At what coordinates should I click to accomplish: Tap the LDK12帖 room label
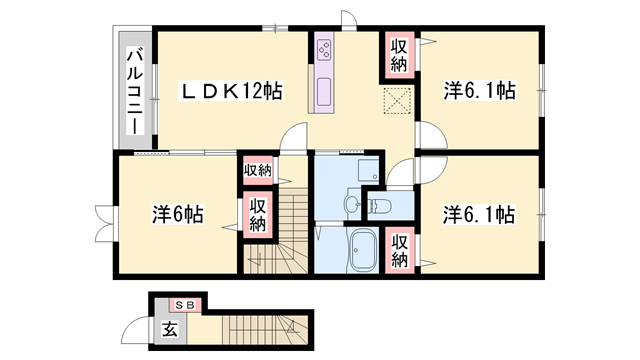(x=231, y=91)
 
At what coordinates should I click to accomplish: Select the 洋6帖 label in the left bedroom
(x=178, y=214)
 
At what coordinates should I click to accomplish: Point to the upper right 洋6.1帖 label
(x=479, y=91)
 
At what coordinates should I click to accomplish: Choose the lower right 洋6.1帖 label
(x=479, y=214)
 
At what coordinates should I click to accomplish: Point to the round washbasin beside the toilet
(x=351, y=206)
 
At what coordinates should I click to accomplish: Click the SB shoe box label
(x=186, y=304)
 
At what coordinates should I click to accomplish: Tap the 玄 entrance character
(x=170, y=327)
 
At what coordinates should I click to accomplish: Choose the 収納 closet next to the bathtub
(x=399, y=249)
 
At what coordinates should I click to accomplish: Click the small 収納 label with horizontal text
(x=257, y=170)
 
